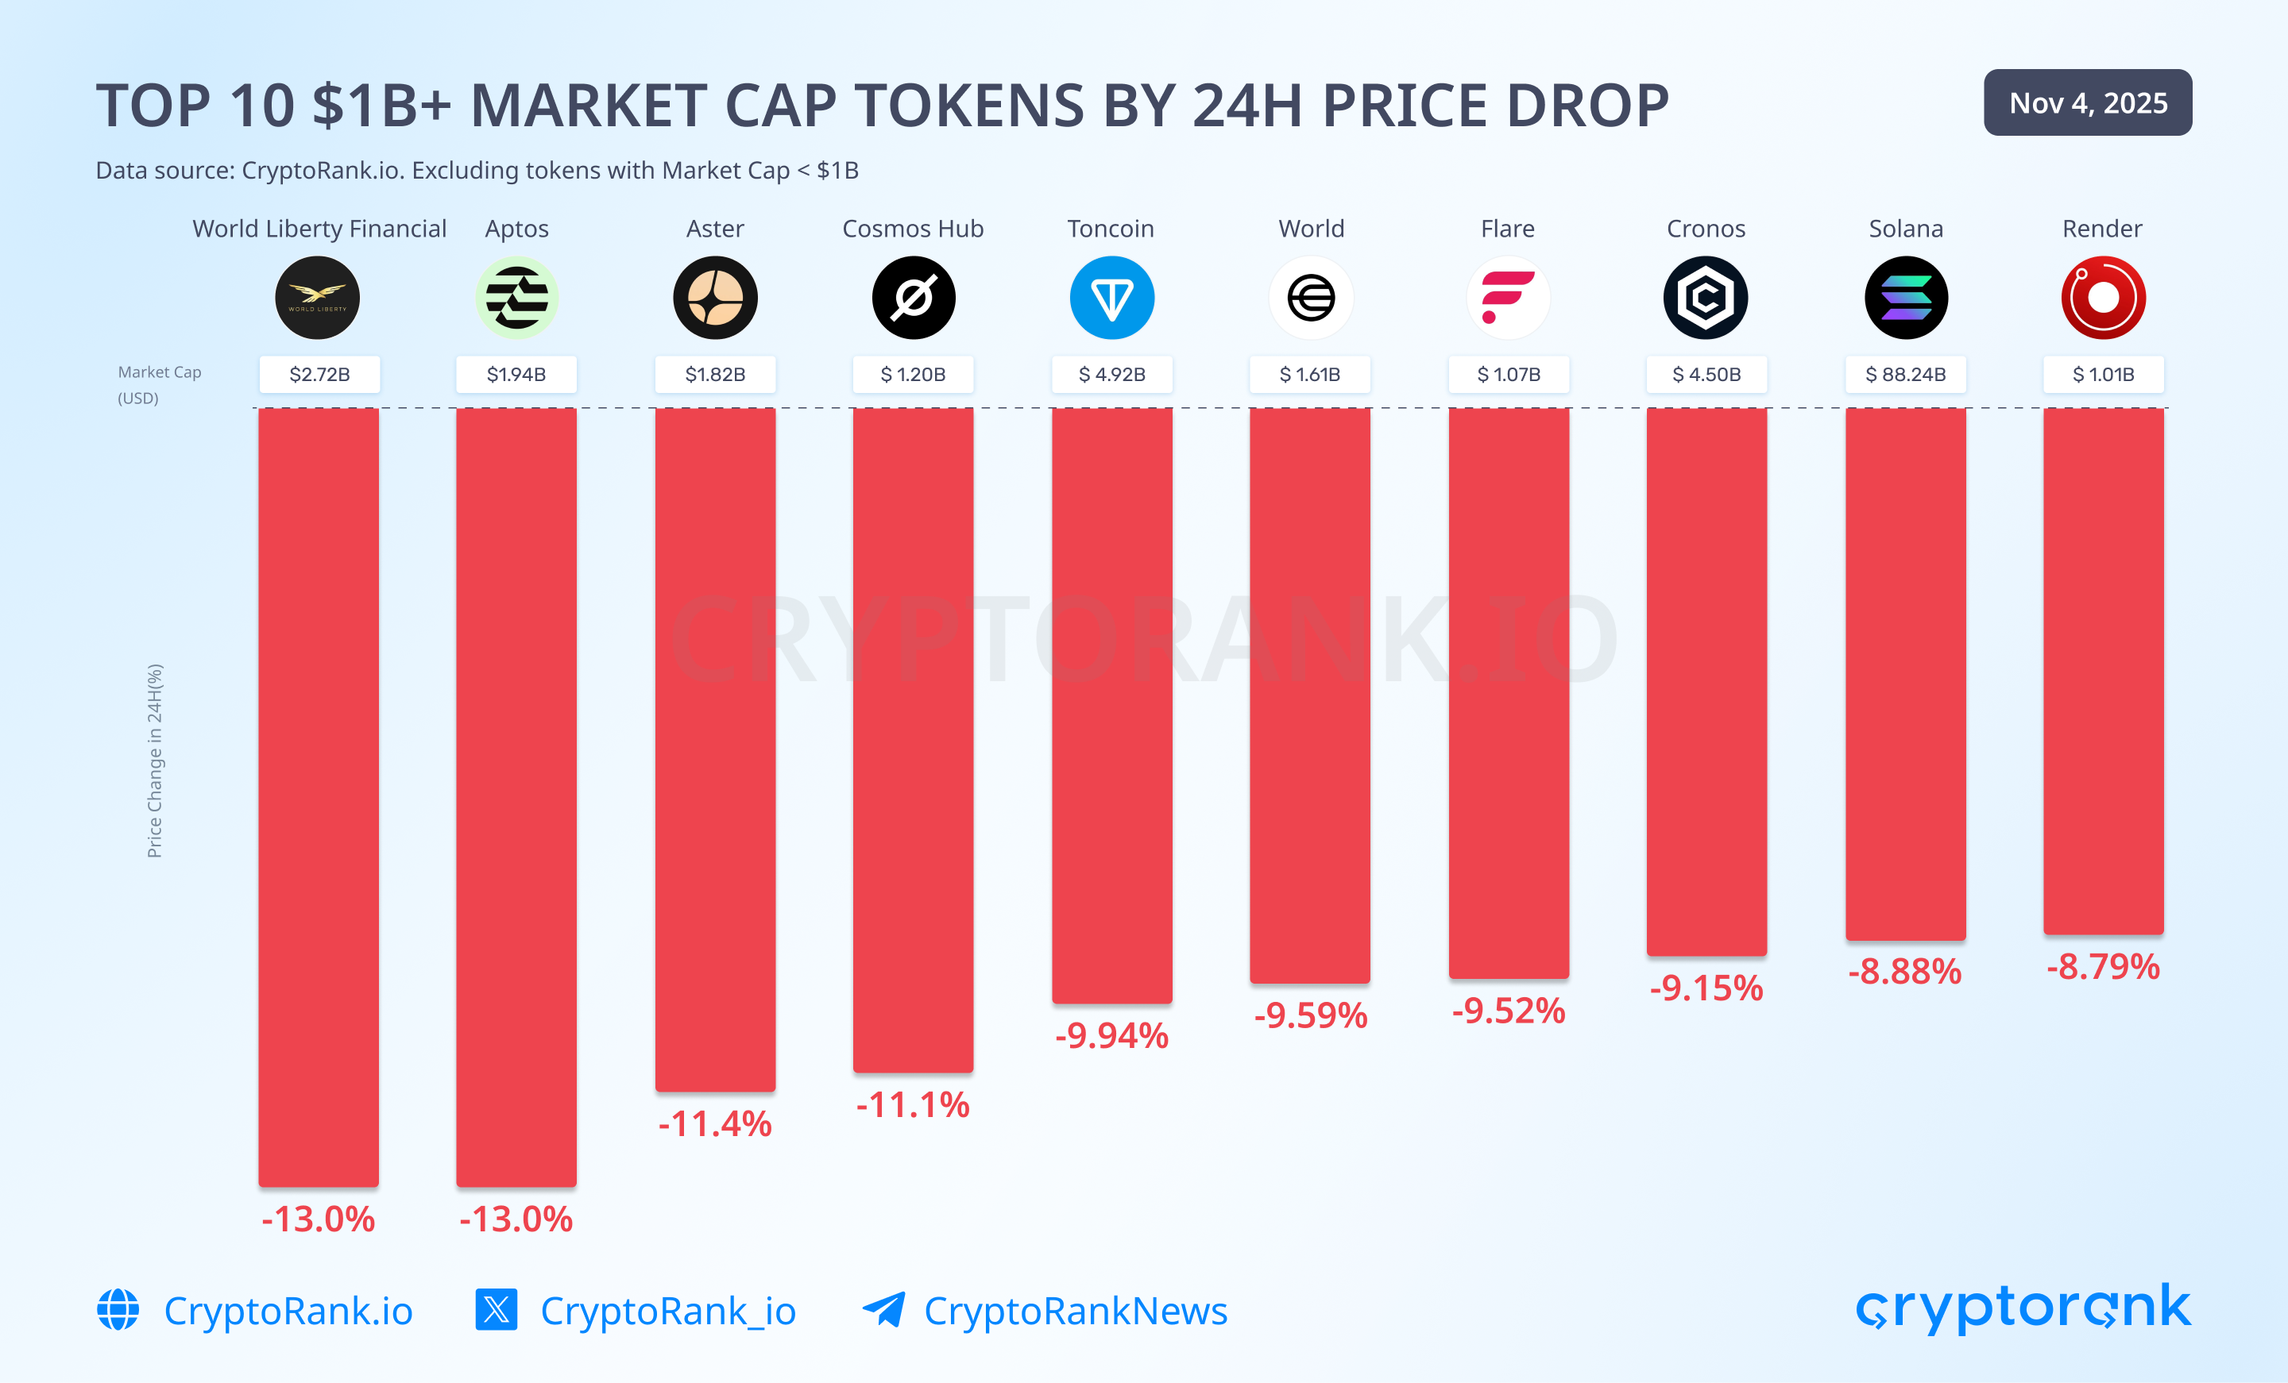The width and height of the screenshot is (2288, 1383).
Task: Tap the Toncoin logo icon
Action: pos(1111,298)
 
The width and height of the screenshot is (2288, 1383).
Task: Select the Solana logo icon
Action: pos(1905,298)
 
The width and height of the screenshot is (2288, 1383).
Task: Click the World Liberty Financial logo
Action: pos(318,298)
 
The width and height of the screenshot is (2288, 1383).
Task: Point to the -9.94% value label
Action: pos(1111,1035)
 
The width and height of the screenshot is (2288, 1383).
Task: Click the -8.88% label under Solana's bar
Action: pos(1904,971)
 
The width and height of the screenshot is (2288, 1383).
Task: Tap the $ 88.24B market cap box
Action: pos(1905,374)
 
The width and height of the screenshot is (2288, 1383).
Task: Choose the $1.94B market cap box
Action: pos(516,374)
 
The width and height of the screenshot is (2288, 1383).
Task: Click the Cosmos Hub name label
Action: pos(913,229)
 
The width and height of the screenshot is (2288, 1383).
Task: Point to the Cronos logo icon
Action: pos(1706,298)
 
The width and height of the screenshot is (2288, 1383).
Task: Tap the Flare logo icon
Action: pos(1508,298)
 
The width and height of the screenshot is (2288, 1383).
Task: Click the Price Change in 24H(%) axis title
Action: pos(154,761)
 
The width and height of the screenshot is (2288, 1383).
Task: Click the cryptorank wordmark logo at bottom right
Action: pos(2023,1307)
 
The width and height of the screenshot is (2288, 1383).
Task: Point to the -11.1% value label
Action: pos(913,1104)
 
